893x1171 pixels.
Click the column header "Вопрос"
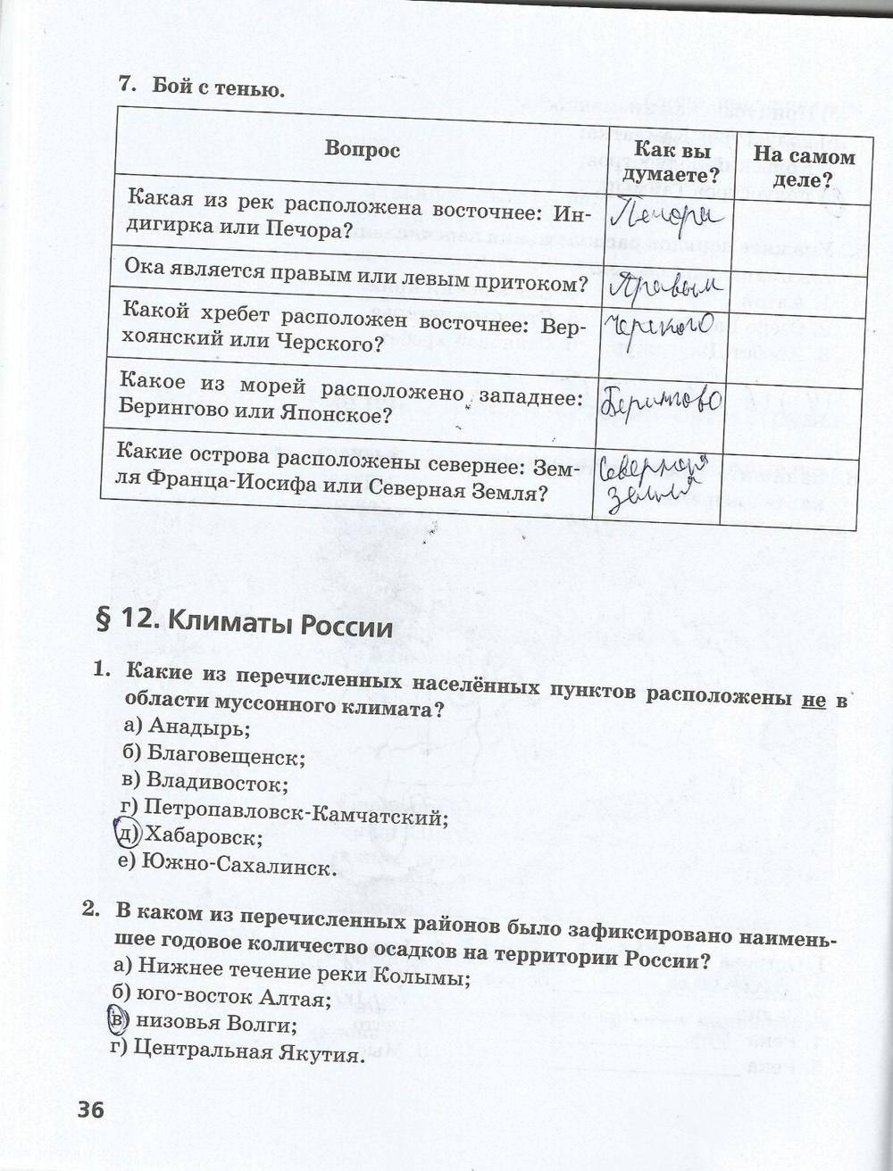(363, 149)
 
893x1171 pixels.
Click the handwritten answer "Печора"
(669, 213)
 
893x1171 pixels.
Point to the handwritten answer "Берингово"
(662, 400)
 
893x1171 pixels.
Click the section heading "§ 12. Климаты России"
(245, 624)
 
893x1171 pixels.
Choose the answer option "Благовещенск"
(215, 757)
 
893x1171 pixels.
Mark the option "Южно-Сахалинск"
(229, 866)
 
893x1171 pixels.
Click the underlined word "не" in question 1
(814, 700)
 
